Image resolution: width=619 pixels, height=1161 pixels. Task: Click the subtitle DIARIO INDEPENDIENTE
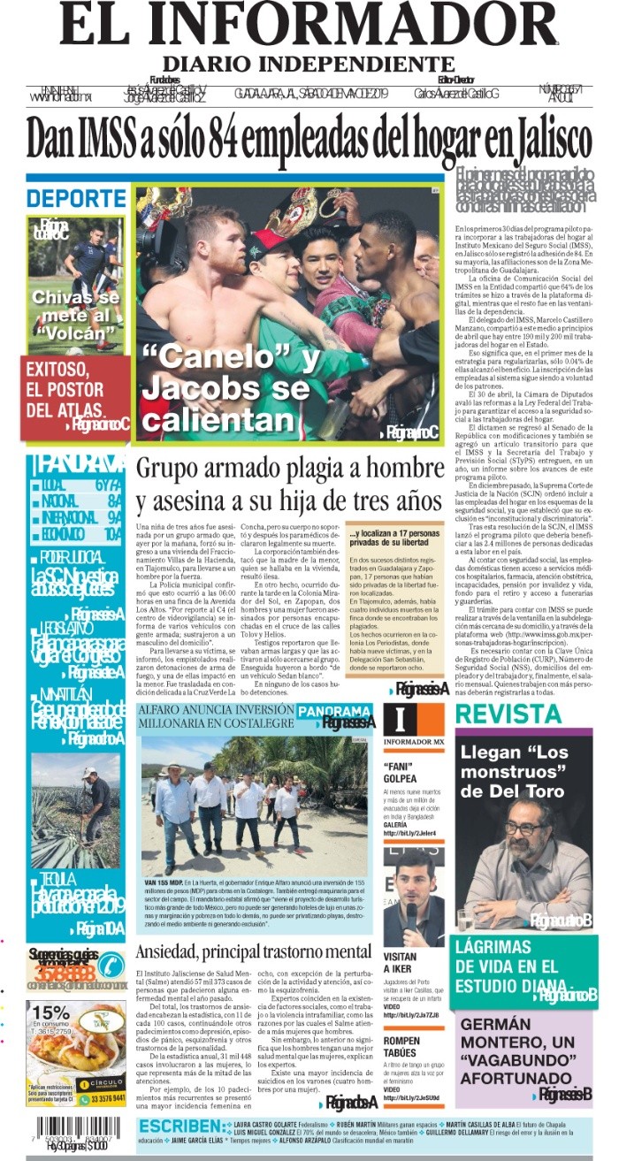pos(308,65)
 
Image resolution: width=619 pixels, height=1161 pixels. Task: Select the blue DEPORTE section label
pos(76,198)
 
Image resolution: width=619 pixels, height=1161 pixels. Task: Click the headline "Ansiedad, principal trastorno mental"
pos(253,951)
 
